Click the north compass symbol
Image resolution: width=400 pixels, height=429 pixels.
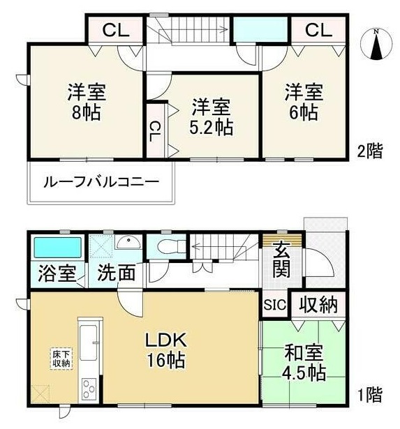coord(376,45)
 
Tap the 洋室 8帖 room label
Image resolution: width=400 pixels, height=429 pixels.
coord(87,103)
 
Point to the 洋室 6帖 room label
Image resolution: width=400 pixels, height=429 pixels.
coord(304,103)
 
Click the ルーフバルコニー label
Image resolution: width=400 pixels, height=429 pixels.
coord(101,182)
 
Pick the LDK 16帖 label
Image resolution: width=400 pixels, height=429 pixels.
coord(166,350)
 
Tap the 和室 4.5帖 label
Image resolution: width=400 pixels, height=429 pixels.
coord(304,363)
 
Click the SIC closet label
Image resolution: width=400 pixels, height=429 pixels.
coord(275,305)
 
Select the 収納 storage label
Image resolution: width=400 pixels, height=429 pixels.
coord(318,304)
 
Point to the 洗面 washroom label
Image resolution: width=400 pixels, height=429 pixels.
coord(117,273)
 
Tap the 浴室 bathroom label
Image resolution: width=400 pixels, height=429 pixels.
coord(57,273)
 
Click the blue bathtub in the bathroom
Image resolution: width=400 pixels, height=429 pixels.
coord(57,248)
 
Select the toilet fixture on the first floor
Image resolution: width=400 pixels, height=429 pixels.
coord(171,247)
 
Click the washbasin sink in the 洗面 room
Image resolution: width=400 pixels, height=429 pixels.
coord(128,242)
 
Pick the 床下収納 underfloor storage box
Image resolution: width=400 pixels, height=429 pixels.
coord(61,359)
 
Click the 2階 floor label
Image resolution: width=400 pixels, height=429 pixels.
coord(370,151)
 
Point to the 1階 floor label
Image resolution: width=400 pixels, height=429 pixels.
coord(370,394)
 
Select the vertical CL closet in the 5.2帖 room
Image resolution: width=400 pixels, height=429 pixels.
coord(156,131)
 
